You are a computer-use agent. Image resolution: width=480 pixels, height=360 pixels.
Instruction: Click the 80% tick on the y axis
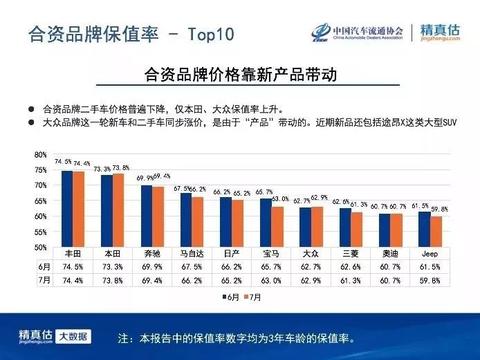[x=40, y=156]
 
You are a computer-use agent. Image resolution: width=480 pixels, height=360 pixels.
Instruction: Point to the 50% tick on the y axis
[x=40, y=247]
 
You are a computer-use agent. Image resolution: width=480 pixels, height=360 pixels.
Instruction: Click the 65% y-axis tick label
[x=40, y=201]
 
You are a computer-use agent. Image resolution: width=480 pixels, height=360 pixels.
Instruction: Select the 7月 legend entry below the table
[x=257, y=296]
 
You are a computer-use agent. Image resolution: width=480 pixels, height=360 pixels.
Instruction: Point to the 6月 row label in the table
[x=41, y=268]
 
